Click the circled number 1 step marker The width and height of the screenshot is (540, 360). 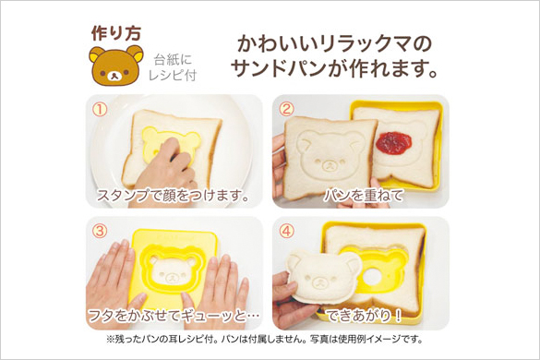100,110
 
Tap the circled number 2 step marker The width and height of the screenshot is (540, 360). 287,109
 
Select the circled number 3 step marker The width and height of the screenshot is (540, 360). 100,231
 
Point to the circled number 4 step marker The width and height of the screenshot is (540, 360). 287,231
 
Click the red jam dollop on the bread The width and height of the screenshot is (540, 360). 393,143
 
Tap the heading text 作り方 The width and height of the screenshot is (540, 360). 116,33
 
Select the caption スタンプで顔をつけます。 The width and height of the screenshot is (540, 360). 174,196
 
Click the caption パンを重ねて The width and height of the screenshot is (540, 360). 363,196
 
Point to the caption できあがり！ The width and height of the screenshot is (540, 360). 364,316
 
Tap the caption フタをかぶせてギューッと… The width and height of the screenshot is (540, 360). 174,316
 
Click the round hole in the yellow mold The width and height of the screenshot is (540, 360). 370,277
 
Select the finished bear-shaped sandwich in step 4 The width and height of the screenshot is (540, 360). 324,276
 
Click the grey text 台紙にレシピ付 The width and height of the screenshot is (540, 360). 173,67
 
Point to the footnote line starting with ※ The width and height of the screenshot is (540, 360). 265,340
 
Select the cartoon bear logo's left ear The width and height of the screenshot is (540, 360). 97,54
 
